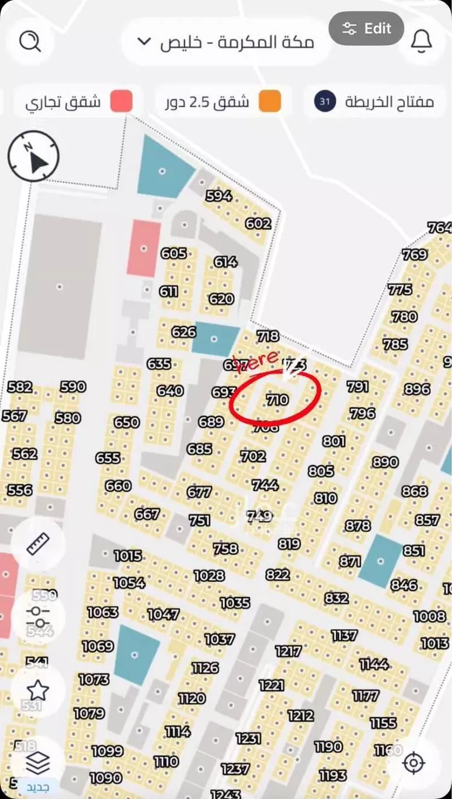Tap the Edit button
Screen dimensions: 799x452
click(x=366, y=28)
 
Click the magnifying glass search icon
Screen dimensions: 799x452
click(x=30, y=42)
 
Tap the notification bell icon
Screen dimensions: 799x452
click(x=421, y=41)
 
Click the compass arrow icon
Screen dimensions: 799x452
click(x=34, y=156)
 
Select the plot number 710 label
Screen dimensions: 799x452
click(x=277, y=399)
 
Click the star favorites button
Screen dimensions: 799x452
click(x=37, y=691)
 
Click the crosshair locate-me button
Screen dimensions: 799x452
click(x=413, y=763)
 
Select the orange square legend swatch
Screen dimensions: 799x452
click(x=270, y=101)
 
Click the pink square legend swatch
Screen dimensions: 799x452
click(x=121, y=101)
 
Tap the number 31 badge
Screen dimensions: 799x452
click(x=325, y=101)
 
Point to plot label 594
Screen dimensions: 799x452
click(x=219, y=196)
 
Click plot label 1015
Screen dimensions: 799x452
click(x=128, y=556)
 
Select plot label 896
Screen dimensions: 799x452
click(x=417, y=389)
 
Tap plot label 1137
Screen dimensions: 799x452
click(x=344, y=635)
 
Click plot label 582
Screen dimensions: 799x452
click(x=20, y=387)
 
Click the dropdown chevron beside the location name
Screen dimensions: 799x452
click(x=143, y=42)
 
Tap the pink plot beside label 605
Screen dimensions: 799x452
click(x=143, y=248)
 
